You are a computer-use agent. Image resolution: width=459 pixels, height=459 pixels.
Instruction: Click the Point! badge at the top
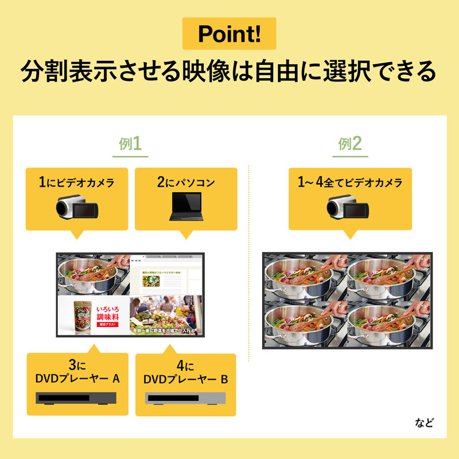(229, 33)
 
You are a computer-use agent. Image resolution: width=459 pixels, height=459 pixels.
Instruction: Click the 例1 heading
(130, 144)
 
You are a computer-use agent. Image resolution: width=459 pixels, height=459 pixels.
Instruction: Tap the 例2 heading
(350, 144)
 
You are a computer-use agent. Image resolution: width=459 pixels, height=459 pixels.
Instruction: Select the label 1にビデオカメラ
(76, 183)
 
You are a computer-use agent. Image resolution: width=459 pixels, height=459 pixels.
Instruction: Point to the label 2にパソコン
(186, 183)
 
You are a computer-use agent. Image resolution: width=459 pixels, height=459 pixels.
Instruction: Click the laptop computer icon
(186, 207)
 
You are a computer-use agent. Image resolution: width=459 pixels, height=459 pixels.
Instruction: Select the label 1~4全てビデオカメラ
(350, 183)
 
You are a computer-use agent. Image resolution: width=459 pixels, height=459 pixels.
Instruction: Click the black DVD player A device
(77, 398)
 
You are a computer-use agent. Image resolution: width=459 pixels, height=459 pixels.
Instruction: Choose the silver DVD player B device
(186, 398)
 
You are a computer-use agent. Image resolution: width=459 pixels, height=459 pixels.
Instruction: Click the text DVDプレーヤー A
(77, 379)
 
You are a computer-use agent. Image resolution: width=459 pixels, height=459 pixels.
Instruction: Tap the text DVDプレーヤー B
(186, 380)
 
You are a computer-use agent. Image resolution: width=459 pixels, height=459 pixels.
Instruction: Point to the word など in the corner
(425, 424)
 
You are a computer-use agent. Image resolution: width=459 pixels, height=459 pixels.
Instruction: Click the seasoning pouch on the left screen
(82, 317)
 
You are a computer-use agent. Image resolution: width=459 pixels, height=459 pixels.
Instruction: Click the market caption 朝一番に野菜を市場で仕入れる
(166, 331)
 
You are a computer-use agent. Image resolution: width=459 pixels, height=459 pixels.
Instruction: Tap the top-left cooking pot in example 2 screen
(304, 275)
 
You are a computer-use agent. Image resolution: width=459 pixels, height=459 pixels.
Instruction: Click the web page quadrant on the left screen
(165, 275)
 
